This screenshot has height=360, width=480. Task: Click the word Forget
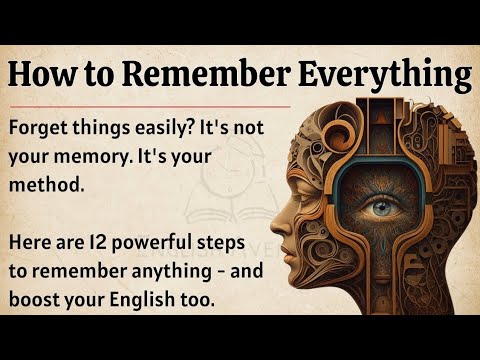pyautogui.click(x=44, y=130)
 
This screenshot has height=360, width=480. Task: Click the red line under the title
pyautogui.click(x=150, y=104)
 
